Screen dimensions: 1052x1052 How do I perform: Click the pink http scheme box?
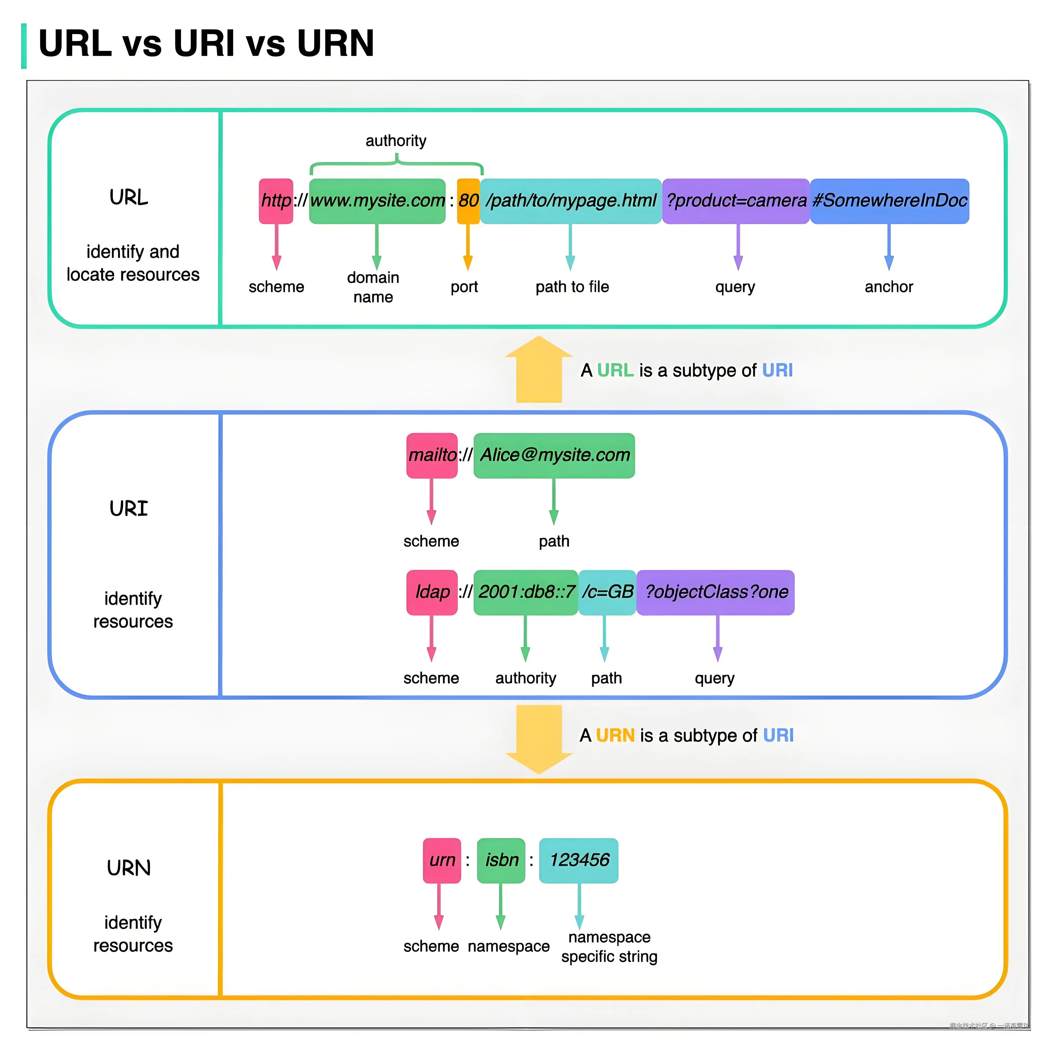276,201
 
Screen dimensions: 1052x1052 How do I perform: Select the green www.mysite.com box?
377,201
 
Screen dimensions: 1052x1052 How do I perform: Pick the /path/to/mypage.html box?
571,201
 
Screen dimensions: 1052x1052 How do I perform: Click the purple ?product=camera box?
736,201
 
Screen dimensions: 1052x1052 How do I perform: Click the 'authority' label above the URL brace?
396,141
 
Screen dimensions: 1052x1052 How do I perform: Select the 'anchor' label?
889,287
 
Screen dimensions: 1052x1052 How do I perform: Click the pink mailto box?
432,455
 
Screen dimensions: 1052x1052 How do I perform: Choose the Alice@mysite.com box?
554,455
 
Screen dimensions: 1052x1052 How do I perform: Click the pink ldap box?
432,593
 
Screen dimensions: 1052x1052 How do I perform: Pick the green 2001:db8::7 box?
525,593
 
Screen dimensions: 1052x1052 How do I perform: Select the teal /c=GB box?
607,593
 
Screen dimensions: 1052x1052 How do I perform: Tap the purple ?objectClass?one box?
716,593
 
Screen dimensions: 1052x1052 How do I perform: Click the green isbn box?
501,860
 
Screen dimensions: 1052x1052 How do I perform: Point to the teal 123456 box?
579,860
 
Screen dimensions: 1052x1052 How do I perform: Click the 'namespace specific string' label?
609,947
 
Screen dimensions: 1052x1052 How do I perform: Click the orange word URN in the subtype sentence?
615,736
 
